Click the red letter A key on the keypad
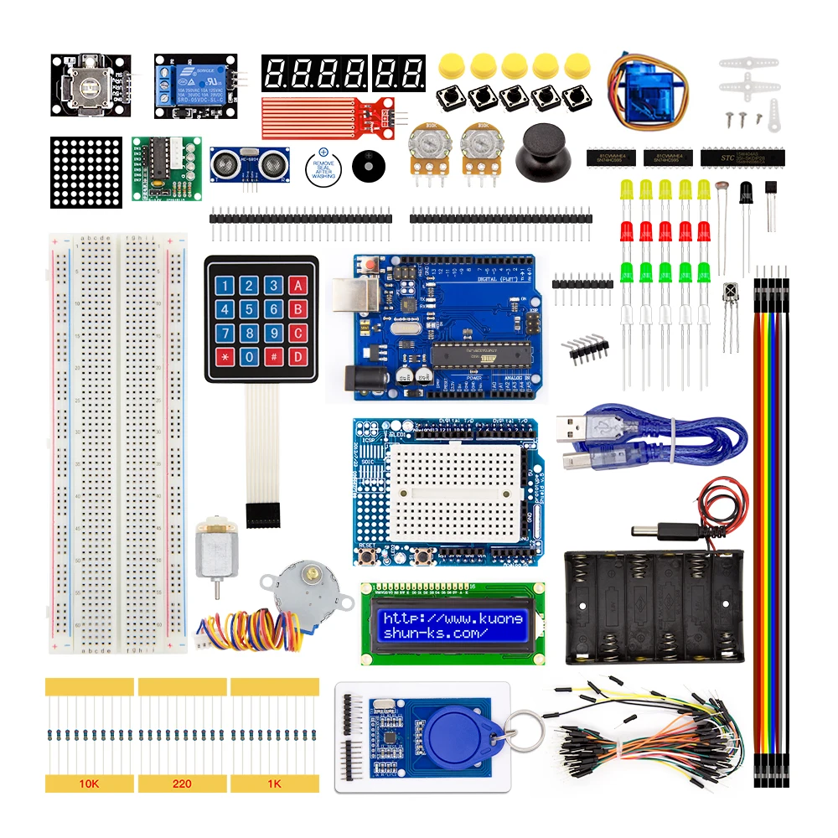point(296,286)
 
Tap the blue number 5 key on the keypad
point(248,310)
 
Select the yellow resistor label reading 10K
point(88,784)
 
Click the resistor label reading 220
point(182,784)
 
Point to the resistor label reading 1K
point(275,784)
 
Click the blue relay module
point(194,86)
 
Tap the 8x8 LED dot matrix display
point(85,173)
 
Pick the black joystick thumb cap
point(544,152)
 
